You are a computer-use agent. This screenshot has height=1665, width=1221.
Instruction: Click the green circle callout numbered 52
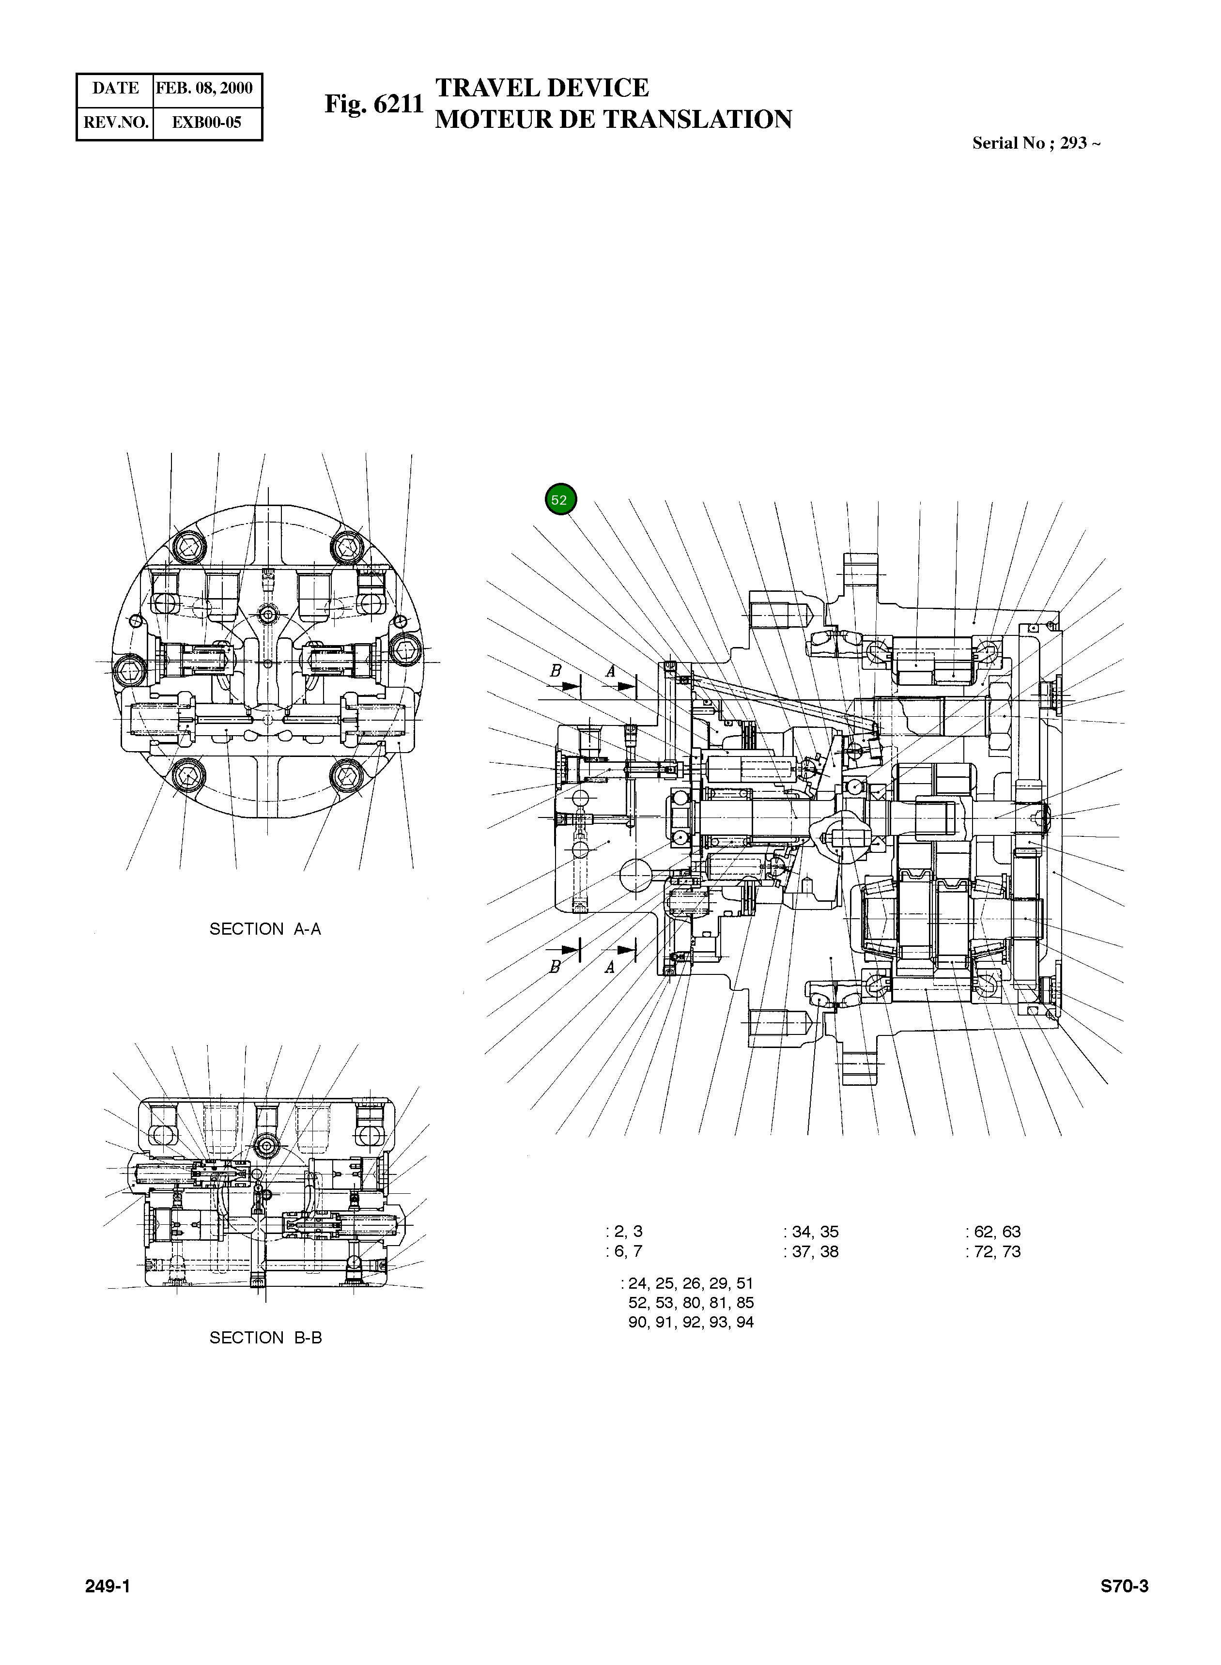[560, 500]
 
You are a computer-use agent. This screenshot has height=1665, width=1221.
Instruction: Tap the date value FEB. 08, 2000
[205, 88]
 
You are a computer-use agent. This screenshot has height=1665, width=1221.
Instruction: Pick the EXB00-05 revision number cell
[206, 123]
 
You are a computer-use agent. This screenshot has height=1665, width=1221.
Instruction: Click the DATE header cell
[115, 88]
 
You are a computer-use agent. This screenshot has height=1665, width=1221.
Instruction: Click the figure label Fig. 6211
[374, 104]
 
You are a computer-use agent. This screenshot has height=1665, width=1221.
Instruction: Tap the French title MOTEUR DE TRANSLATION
[614, 119]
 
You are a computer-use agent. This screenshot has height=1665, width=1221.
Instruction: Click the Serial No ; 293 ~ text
[1036, 143]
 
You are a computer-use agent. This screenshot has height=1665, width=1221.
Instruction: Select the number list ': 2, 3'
[624, 1231]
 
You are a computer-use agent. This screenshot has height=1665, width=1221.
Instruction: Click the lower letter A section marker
[610, 967]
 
